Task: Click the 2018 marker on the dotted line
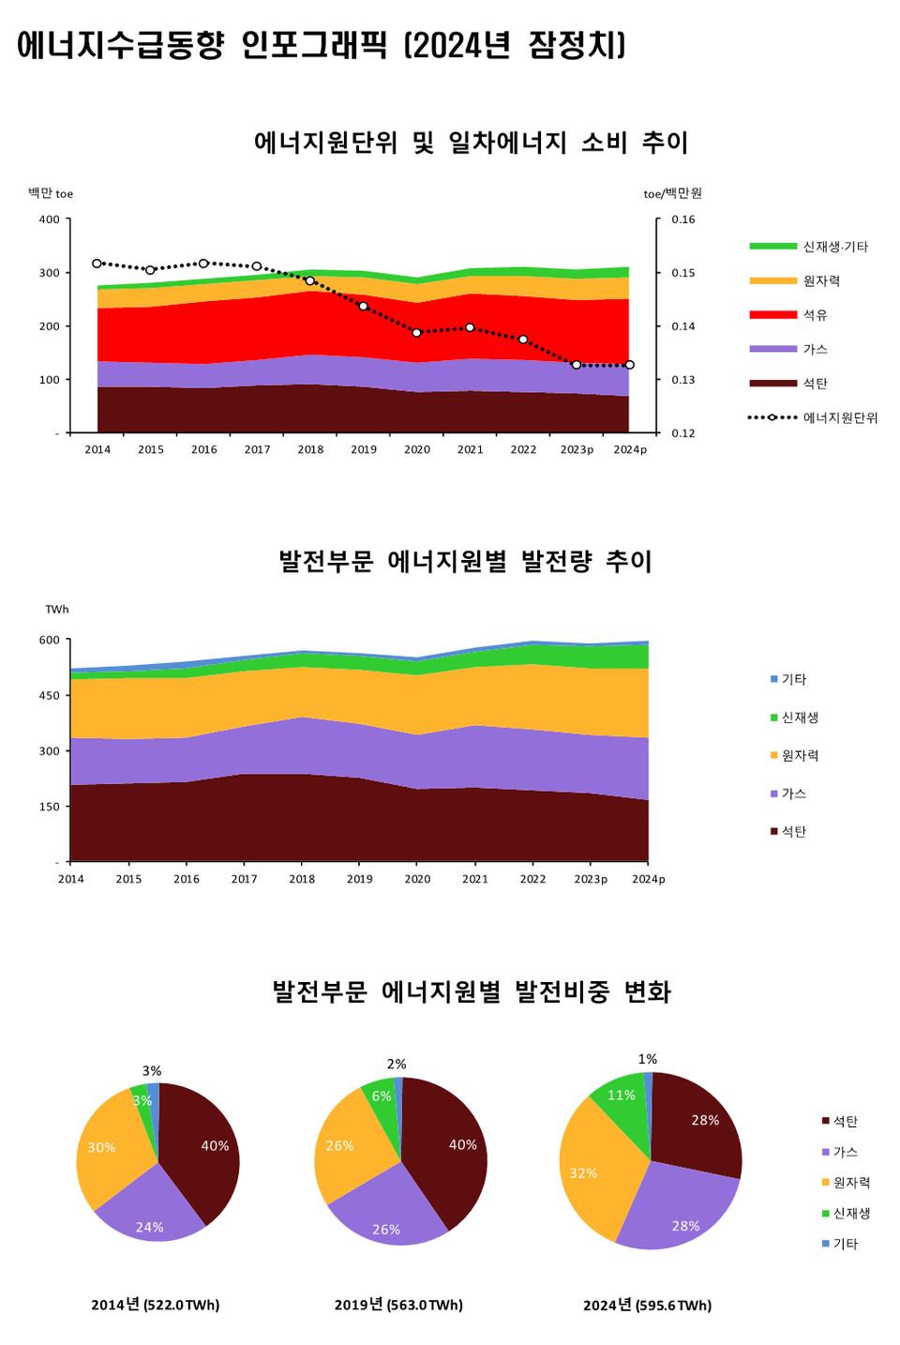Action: [310, 280]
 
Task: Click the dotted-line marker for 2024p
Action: [629, 365]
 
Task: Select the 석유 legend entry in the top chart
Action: [814, 315]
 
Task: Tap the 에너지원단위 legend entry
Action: [839, 417]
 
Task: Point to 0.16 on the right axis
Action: [683, 219]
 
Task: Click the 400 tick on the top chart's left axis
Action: [49, 219]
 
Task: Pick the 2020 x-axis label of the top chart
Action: [417, 449]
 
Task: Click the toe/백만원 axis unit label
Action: [672, 193]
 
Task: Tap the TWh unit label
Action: [57, 610]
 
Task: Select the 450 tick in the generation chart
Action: [49, 695]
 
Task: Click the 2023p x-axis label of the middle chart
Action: [591, 879]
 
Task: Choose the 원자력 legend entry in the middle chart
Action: [799, 755]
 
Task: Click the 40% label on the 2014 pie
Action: [215, 1146]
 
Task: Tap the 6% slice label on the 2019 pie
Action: [382, 1096]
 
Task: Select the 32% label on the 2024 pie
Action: [583, 1173]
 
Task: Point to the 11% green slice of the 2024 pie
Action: [621, 1096]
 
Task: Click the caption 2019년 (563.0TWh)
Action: [398, 1305]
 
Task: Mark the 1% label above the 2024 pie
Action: [648, 1059]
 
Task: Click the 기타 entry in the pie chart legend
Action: [845, 1244]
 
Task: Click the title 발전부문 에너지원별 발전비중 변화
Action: [472, 991]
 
